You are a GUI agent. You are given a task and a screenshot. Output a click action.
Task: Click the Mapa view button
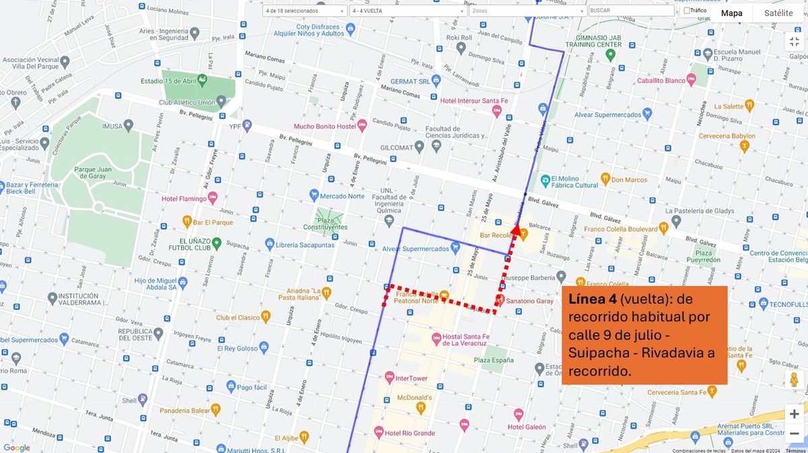click(731, 13)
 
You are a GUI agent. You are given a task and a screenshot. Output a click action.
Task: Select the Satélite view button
click(778, 13)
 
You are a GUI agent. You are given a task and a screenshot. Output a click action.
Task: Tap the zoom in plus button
click(794, 414)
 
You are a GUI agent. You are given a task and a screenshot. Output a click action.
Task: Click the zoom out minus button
click(794, 433)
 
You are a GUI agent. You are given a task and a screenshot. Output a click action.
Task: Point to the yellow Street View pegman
click(794, 380)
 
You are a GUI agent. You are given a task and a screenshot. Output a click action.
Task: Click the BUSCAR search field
click(631, 11)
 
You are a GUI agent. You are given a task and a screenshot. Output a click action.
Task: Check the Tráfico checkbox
click(686, 11)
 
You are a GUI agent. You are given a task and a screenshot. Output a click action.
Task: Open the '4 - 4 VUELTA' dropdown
click(408, 11)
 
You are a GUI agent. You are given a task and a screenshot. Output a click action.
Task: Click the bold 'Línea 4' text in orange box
click(593, 299)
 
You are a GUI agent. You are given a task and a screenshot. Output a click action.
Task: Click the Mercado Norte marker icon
click(313, 196)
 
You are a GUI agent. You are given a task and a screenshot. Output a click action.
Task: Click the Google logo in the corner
click(17, 448)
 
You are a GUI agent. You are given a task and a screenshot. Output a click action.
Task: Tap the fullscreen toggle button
click(794, 41)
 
